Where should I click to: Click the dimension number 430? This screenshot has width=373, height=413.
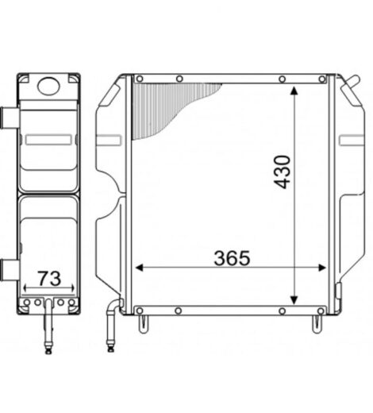283,172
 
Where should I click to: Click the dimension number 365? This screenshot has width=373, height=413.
232,258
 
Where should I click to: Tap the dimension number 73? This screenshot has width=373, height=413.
49,279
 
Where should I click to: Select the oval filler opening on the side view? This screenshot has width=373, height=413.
48,86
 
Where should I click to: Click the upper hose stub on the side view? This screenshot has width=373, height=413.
10,118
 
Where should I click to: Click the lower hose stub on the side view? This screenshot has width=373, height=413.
10,271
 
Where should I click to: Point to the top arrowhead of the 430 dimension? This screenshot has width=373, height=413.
294,91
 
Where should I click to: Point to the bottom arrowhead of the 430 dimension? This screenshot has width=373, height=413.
294,300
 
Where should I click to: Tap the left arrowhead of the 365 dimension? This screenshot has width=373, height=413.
140,268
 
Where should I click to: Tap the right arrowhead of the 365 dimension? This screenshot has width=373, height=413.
322,268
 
